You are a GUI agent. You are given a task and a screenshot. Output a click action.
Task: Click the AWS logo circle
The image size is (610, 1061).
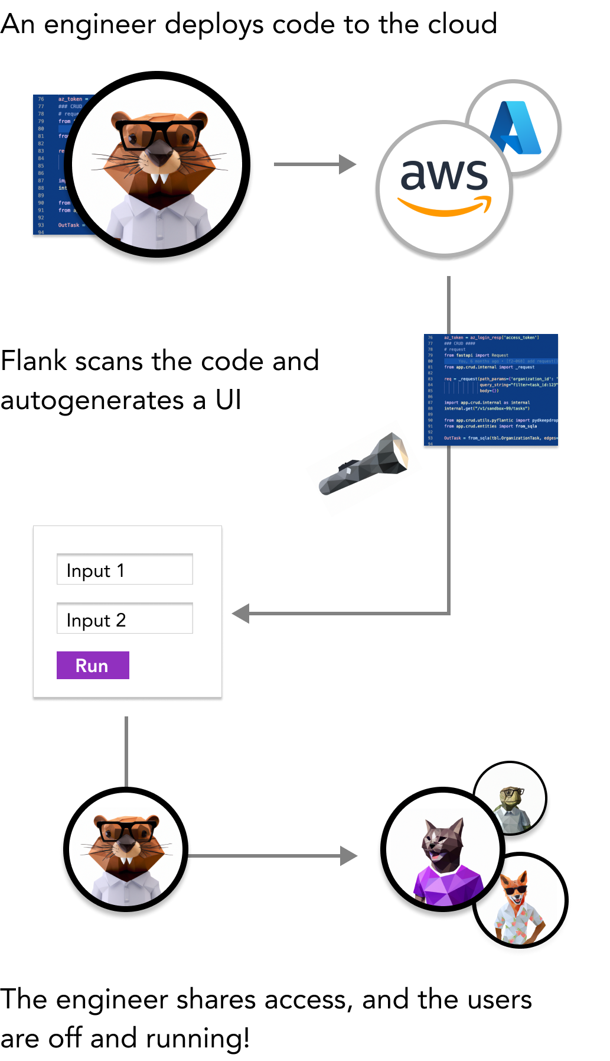pyautogui.click(x=444, y=189)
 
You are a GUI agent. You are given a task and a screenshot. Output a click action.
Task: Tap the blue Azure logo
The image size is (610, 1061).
pyautogui.click(x=515, y=128)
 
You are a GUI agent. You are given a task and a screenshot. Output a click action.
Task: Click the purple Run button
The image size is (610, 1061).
pyautogui.click(x=93, y=666)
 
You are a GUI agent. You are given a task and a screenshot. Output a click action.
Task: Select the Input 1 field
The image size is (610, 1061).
pyautogui.click(x=125, y=569)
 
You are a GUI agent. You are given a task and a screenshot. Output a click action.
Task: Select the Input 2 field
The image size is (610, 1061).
pyautogui.click(x=125, y=619)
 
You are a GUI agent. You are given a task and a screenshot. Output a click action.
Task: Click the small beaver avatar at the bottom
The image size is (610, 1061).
pyautogui.click(x=126, y=850)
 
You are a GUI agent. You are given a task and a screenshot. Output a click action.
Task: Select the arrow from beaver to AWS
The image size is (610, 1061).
pyautogui.click(x=314, y=164)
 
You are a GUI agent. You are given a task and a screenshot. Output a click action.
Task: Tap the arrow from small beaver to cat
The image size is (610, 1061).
pyautogui.click(x=272, y=855)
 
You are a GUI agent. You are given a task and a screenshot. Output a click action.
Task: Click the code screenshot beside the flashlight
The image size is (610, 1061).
pyautogui.click(x=491, y=390)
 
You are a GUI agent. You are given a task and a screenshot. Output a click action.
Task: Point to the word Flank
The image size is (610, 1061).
pyautogui.click(x=34, y=361)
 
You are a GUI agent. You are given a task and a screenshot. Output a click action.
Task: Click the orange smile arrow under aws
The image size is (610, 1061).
pyautogui.click(x=444, y=207)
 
